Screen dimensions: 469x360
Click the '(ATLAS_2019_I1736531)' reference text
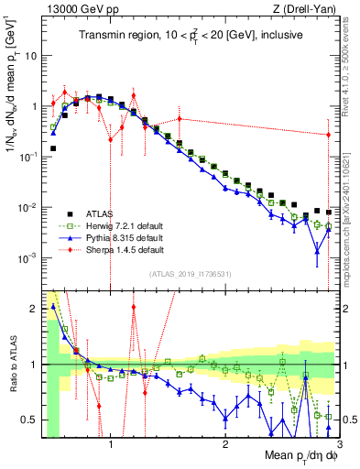[190, 274]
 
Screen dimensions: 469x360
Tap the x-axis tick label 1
[111, 446]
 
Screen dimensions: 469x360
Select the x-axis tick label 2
[225, 446]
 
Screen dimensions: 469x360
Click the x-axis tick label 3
[338, 446]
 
